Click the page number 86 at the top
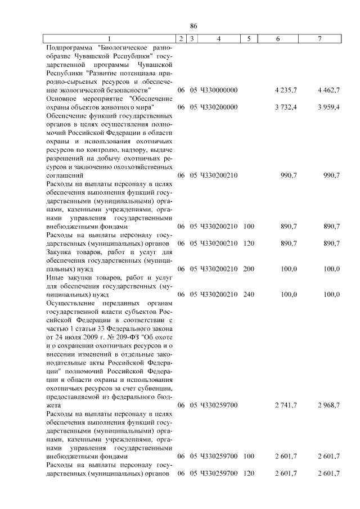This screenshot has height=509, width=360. (194, 26)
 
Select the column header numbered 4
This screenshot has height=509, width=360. (218, 38)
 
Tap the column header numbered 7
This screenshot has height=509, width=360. (320, 38)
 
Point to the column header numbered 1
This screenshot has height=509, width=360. (110, 38)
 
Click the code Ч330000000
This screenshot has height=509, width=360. (218, 89)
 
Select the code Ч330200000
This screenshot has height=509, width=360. (218, 107)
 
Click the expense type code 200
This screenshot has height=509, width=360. (249, 269)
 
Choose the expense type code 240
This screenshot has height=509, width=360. (249, 294)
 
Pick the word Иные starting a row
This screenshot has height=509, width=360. (55, 277)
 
